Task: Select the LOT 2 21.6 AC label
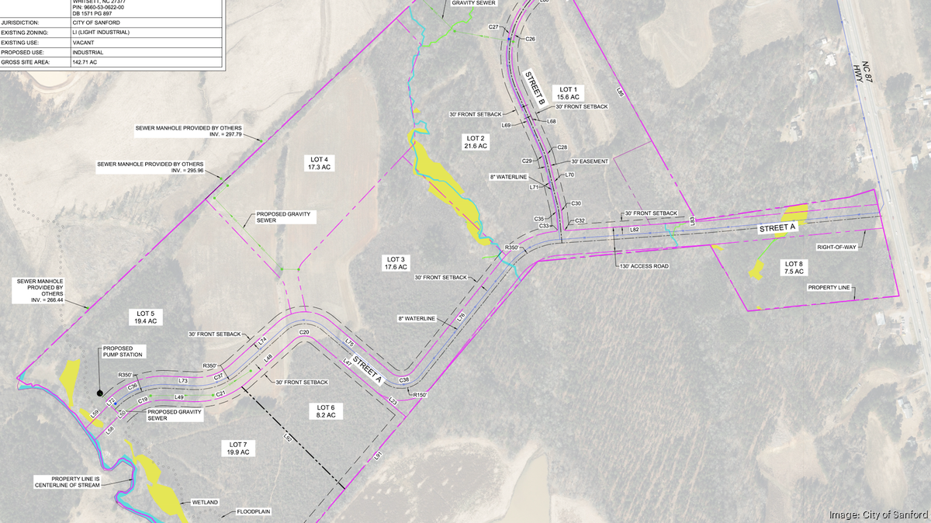pos(475,140)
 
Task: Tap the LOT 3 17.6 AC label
pos(395,263)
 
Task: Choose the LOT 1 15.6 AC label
pos(568,93)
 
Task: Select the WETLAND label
pos(203,503)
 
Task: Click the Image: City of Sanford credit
pos(877,514)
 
